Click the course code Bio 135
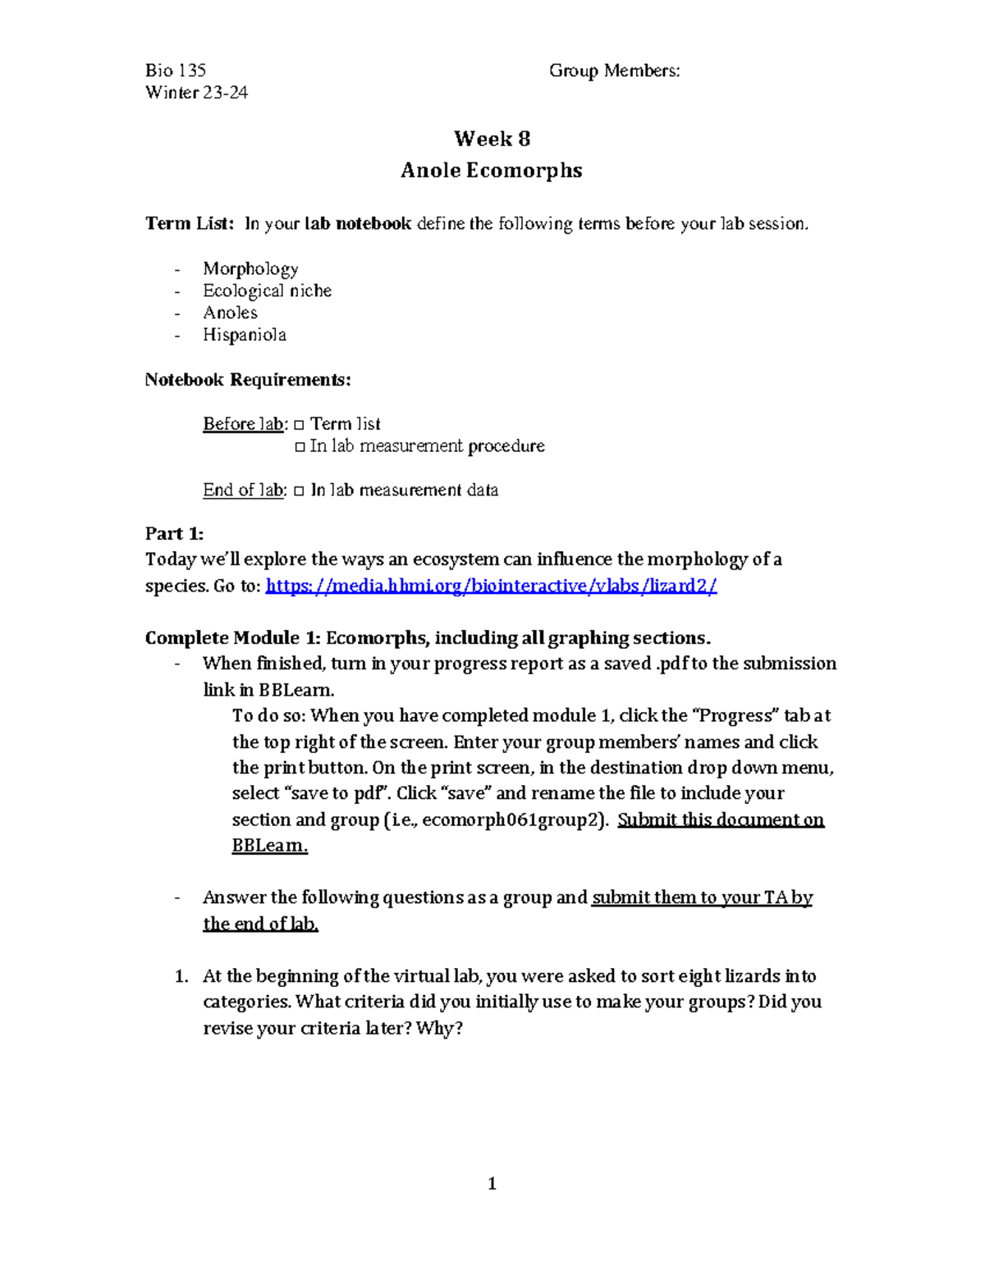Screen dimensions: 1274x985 [x=176, y=71]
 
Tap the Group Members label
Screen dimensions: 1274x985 [x=614, y=71]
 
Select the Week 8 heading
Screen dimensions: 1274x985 [x=492, y=139]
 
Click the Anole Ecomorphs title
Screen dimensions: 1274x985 [x=492, y=171]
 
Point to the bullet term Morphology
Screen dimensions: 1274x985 [x=250, y=269]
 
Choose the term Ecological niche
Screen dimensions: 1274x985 [x=268, y=291]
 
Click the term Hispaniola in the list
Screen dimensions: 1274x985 [x=245, y=335]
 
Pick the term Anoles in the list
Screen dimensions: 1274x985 [x=231, y=313]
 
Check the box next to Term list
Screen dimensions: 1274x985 [x=299, y=425]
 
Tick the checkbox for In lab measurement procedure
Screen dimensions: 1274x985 [x=299, y=447]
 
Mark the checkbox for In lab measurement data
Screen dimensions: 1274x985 [x=299, y=491]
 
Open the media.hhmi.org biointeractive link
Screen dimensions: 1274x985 [x=492, y=586]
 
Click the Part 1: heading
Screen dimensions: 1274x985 [x=174, y=534]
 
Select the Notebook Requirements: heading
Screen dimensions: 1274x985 [x=248, y=380]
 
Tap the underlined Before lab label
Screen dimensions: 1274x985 [x=244, y=424]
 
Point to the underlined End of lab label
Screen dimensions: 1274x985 [x=244, y=491]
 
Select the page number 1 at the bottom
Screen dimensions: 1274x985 [x=492, y=1183]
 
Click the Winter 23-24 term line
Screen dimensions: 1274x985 [x=197, y=93]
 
